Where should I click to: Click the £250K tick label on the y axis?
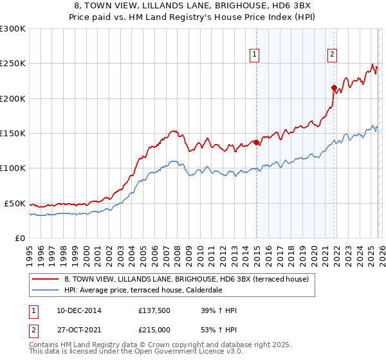coord(13,64)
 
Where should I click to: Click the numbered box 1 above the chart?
coord(255,55)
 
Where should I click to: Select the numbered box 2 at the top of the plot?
coord(333,55)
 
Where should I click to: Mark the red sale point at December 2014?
coord(256,142)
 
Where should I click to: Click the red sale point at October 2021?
coord(334,87)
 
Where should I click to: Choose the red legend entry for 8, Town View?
coord(187,279)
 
